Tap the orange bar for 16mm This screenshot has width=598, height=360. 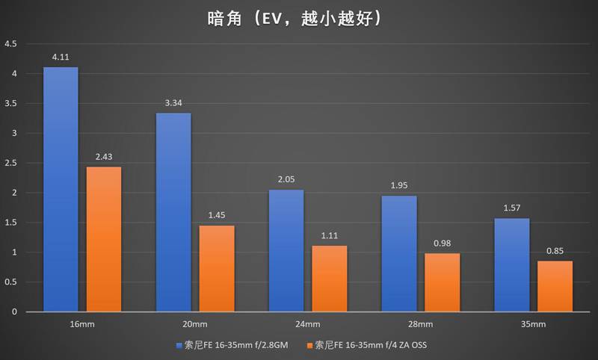[104, 239]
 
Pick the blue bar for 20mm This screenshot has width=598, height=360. [173, 212]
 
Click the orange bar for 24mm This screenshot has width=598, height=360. [330, 279]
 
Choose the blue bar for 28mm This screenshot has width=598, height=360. [399, 254]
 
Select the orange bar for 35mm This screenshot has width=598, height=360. [555, 286]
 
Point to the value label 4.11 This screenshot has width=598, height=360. [61, 58]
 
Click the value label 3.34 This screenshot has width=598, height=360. [173, 103]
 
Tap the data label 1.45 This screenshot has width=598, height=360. [217, 216]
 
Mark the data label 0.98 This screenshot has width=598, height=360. [443, 243]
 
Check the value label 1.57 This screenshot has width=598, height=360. [512, 208]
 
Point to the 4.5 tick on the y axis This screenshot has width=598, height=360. [10, 44]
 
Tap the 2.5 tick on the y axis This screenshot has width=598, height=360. [10, 163]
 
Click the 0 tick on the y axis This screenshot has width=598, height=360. [14, 311]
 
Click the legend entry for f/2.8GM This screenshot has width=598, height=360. [238, 345]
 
